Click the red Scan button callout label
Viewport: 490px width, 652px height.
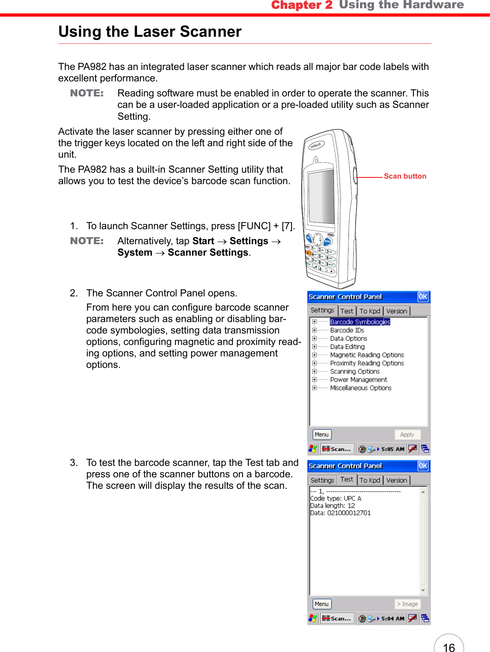(405, 176)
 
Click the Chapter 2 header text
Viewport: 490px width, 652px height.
(302, 5)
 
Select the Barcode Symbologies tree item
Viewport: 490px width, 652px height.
(360, 322)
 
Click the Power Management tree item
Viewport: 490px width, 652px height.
(358, 380)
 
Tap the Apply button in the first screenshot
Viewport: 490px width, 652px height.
(407, 435)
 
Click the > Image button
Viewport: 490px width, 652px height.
(407, 604)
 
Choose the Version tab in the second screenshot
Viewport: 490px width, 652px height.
(396, 481)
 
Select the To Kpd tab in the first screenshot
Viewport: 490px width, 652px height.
(369, 311)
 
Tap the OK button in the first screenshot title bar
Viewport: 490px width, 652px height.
(423, 297)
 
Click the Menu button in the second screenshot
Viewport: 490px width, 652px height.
(322, 604)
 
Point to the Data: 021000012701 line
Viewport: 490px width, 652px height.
(340, 513)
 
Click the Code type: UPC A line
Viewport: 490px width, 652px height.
(335, 499)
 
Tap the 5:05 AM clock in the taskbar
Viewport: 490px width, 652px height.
(392, 449)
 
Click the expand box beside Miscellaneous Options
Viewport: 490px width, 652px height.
(315, 388)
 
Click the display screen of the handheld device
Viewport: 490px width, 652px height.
(321, 196)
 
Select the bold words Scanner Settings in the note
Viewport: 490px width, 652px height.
(208, 253)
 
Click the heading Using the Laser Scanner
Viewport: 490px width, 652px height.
(150, 32)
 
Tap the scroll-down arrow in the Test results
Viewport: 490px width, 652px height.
(423, 591)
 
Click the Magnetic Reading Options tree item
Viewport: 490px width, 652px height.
(367, 355)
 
